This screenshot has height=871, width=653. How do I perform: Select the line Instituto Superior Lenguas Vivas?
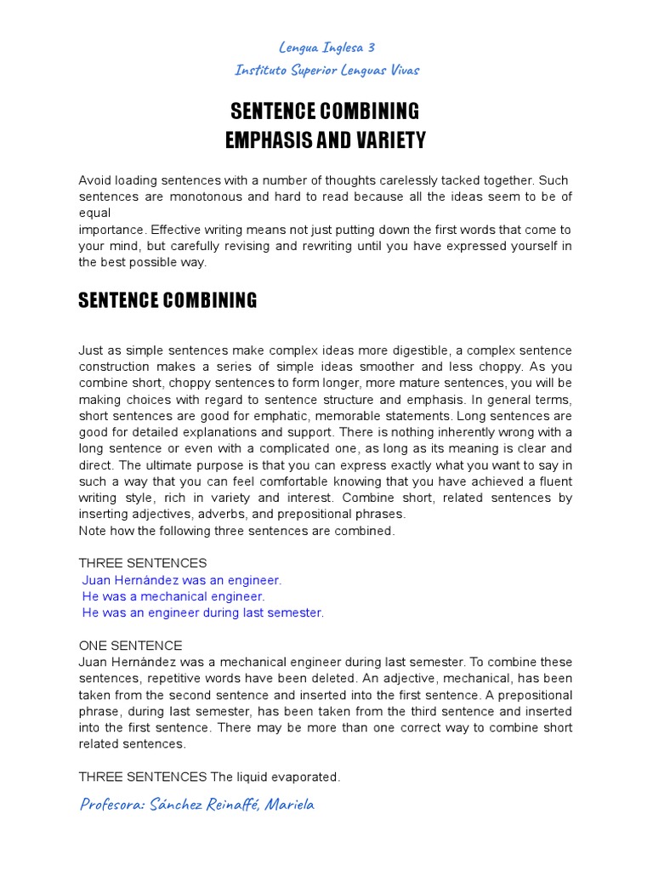(x=326, y=70)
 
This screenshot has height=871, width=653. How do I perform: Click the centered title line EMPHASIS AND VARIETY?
(x=326, y=140)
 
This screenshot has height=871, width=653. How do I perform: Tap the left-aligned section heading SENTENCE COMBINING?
(x=168, y=300)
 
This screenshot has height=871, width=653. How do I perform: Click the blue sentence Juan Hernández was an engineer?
(x=181, y=580)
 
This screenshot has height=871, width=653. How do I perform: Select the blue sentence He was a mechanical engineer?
(x=173, y=596)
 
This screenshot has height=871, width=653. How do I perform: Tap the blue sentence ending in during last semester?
(x=203, y=612)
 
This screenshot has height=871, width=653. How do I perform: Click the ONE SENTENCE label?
(x=130, y=646)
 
